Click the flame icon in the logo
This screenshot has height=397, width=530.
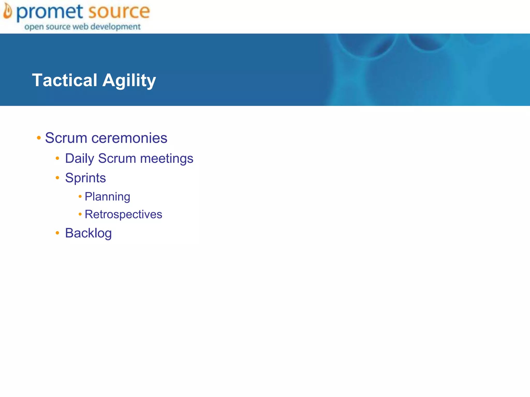tap(8, 12)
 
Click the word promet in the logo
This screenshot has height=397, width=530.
tap(50, 12)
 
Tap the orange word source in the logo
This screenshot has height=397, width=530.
tap(119, 12)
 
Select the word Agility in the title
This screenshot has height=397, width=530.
tap(129, 80)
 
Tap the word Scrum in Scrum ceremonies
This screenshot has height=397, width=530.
tap(66, 138)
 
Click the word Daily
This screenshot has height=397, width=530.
tap(79, 158)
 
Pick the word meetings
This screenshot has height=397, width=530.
tap(166, 158)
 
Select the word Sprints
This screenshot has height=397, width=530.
tap(85, 178)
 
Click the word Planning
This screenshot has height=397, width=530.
tap(107, 197)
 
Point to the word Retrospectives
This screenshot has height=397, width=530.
tap(123, 214)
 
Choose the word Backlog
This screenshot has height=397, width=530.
tap(88, 233)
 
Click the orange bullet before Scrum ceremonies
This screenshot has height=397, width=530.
tap(39, 138)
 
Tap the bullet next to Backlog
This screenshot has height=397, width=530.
tap(57, 233)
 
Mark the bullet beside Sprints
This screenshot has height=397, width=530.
tap(57, 178)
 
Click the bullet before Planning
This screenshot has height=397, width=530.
tap(80, 196)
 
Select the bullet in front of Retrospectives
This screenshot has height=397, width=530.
tap(80, 214)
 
